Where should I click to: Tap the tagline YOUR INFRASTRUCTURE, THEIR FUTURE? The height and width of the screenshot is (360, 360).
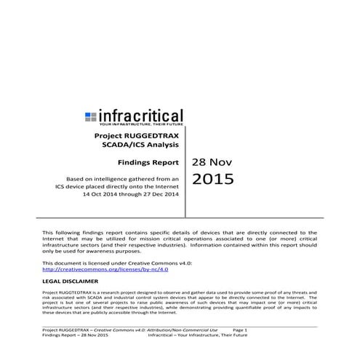tap(135, 124)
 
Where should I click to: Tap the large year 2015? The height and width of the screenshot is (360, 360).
tap(213, 180)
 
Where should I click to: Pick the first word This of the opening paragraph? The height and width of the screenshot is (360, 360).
tap(49, 231)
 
